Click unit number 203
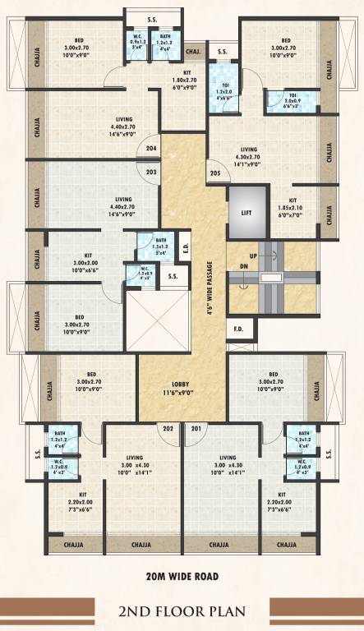(x=151, y=173)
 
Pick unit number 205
(x=215, y=173)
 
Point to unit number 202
(x=168, y=428)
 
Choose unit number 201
(x=196, y=428)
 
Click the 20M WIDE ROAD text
(x=182, y=573)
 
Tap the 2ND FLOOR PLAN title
(x=182, y=610)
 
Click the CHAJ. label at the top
(x=194, y=51)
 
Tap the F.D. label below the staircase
(x=239, y=330)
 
